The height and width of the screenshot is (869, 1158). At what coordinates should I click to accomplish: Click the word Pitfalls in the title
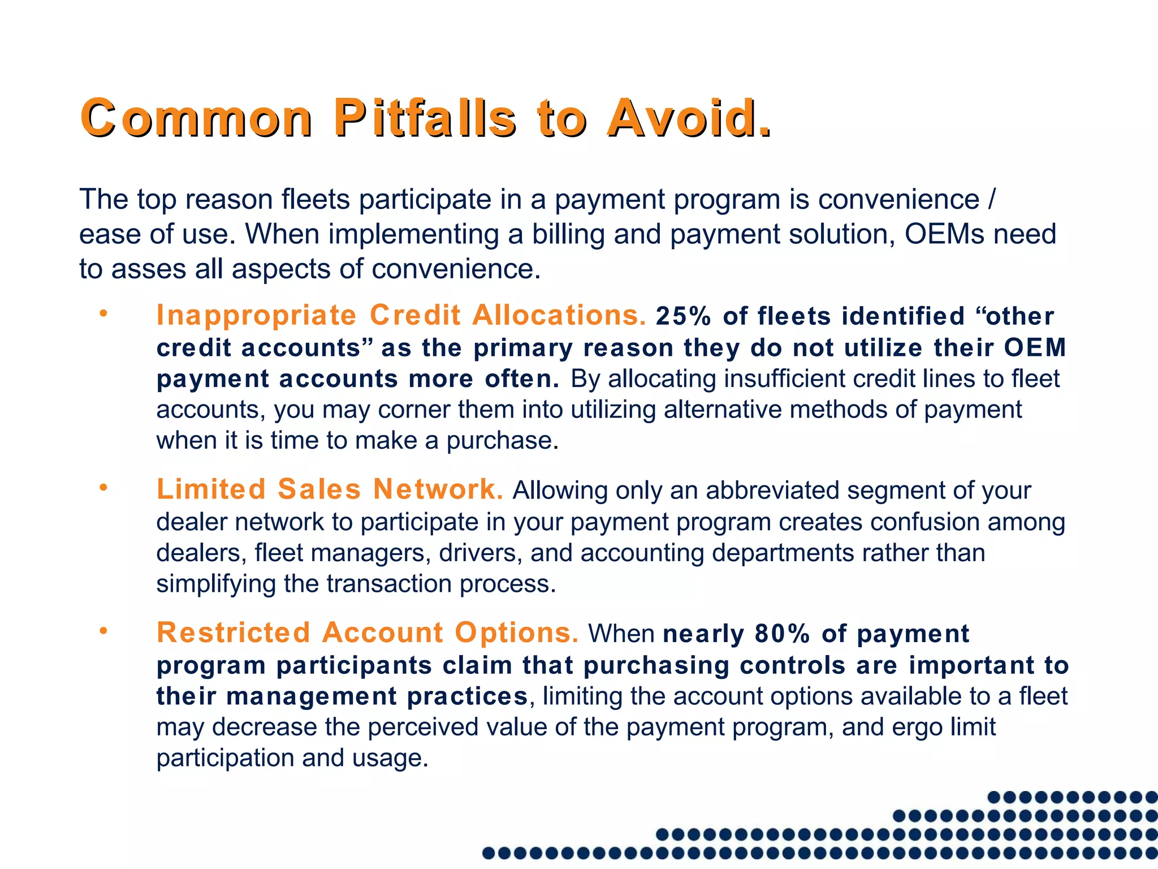tap(424, 118)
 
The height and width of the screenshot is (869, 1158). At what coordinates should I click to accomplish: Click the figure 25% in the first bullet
tap(683, 316)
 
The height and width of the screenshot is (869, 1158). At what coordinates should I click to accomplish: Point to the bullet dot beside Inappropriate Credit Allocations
tap(103, 313)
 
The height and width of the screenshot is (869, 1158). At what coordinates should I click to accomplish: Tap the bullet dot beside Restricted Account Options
tap(103, 630)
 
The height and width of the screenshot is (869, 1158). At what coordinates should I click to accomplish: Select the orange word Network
tap(438, 489)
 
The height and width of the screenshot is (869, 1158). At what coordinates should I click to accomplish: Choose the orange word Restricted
tap(234, 633)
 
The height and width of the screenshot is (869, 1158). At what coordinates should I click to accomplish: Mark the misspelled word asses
tap(149, 269)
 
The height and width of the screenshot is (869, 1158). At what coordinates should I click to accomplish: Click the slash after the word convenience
tap(991, 200)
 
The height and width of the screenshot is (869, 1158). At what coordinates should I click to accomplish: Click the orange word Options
tap(516, 633)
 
